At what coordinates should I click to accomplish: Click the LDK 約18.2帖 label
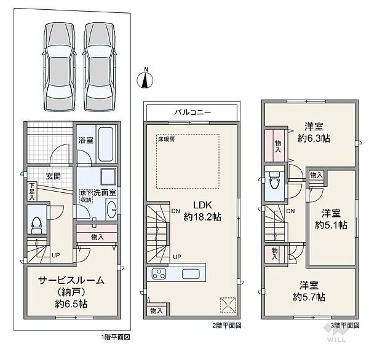(202, 211)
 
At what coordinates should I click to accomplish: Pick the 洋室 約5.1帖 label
(330, 218)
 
